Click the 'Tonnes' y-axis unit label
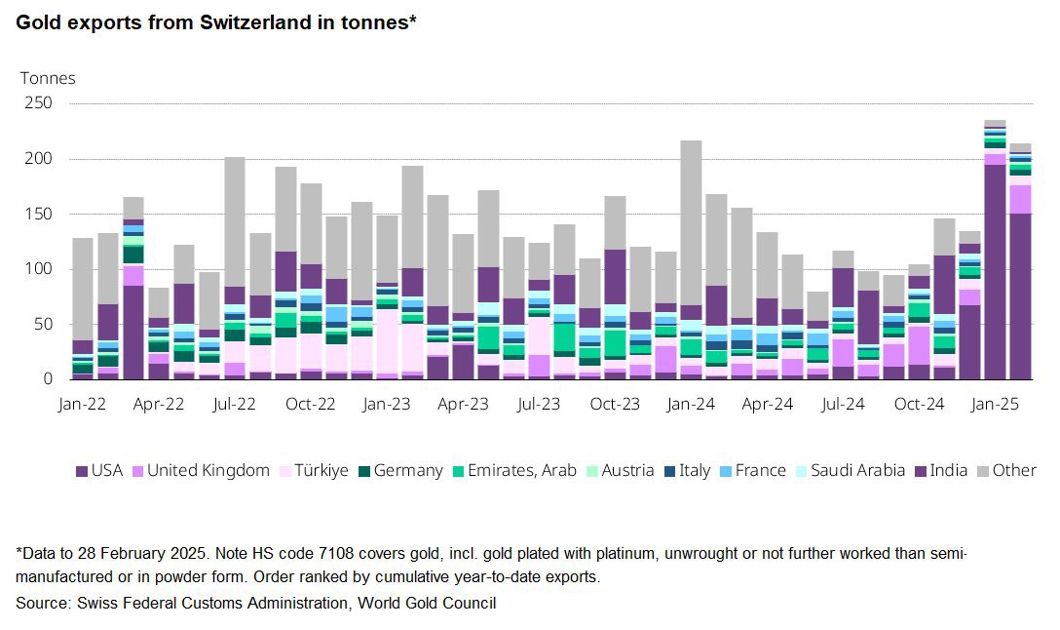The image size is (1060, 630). click(48, 78)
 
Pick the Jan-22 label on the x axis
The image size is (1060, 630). click(83, 403)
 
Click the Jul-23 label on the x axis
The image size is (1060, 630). click(539, 403)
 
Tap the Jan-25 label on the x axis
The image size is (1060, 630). click(995, 403)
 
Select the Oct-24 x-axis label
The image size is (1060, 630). click(919, 403)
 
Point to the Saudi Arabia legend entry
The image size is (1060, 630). click(851, 471)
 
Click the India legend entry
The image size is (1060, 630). click(940, 471)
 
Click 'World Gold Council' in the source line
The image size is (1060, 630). click(427, 604)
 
